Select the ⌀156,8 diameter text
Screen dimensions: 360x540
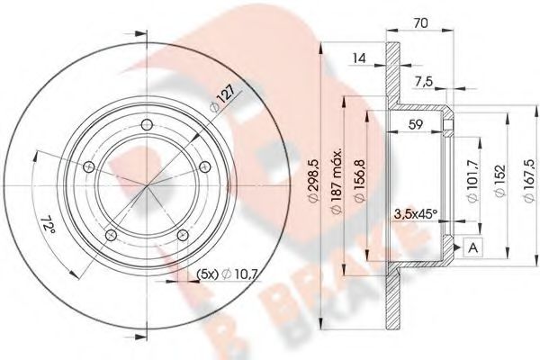pos(360,187)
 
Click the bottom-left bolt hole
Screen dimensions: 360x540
pos(110,236)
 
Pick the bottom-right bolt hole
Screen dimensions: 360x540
pos(183,235)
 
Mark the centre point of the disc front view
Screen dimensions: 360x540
pos(147,186)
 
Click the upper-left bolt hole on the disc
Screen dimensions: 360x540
pos(87,167)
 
